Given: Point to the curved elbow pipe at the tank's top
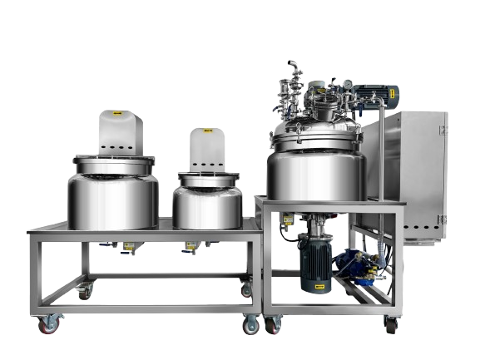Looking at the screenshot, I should coord(292,67).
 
